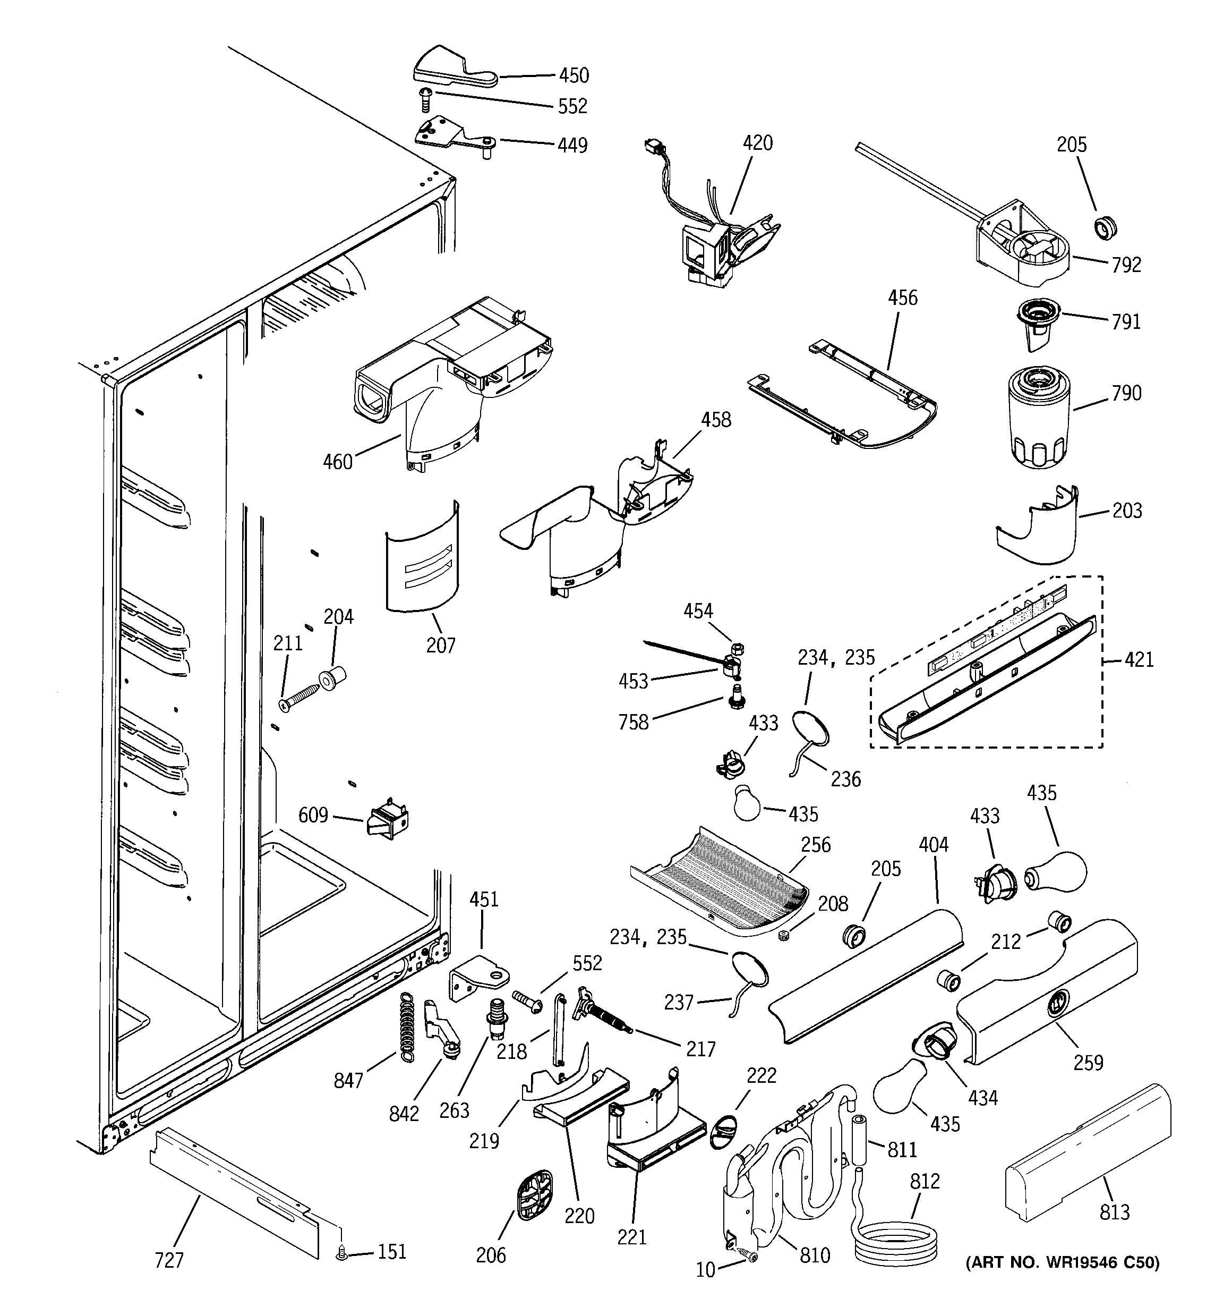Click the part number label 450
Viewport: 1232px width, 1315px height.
(x=574, y=75)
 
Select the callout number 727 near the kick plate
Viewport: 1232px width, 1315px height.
(x=169, y=1261)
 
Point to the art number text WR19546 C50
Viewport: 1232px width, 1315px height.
(x=1063, y=1263)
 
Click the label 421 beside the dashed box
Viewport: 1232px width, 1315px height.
(x=1139, y=659)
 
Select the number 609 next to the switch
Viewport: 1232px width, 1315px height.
(x=313, y=815)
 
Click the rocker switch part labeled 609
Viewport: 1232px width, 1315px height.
(x=388, y=821)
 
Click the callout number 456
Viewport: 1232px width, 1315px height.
(x=902, y=298)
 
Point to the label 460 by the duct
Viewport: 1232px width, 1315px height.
(x=337, y=462)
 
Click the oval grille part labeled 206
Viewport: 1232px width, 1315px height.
(x=533, y=1195)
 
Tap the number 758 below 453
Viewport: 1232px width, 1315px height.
(x=633, y=723)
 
